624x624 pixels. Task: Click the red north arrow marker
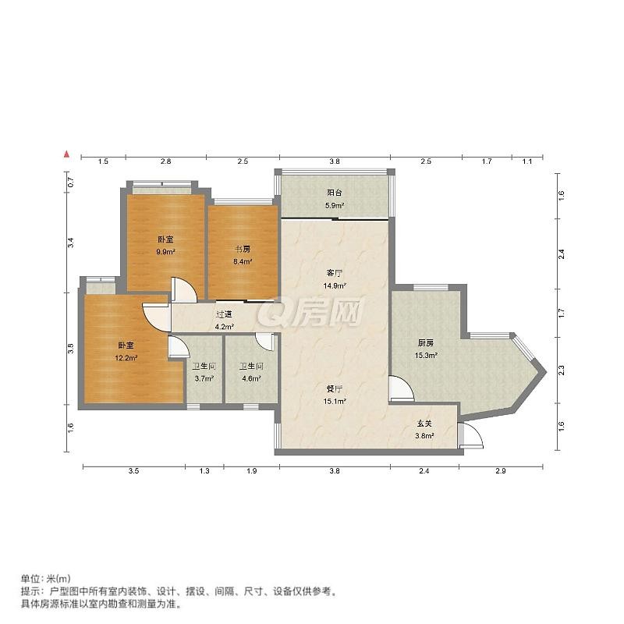[67, 154]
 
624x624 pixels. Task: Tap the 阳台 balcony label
[335, 193]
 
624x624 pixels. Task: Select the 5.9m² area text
[335, 205]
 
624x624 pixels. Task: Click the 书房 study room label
[243, 250]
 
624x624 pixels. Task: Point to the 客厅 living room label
[335, 273]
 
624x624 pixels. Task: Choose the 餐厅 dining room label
[335, 388]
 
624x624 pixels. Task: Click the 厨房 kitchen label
[425, 342]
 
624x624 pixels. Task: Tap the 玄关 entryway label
[424, 424]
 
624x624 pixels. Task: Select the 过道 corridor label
[224, 314]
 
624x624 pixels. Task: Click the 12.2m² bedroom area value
[126, 358]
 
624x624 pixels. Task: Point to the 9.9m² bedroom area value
[166, 251]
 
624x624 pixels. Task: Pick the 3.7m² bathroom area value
[204, 378]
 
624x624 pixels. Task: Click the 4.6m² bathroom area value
[251, 378]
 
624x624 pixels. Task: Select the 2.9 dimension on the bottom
[501, 471]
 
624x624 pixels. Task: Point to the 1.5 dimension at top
[103, 161]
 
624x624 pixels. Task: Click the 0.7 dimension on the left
[70, 182]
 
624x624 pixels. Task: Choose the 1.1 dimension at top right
[527, 161]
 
